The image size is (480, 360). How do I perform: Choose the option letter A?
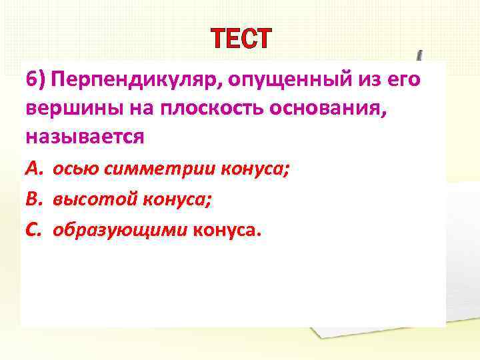pyautogui.click(x=33, y=169)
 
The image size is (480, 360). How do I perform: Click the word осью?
pyautogui.click(x=73, y=169)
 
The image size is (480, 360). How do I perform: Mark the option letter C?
pyautogui.click(x=33, y=229)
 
